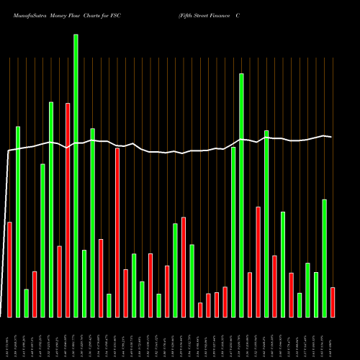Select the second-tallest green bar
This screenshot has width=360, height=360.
(241, 195)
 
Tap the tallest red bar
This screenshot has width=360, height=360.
(68, 210)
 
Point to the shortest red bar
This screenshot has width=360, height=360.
(200, 310)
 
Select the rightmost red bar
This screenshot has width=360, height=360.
(333, 302)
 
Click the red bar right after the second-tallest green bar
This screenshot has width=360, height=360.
(250, 294)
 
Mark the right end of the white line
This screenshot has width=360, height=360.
(331, 136)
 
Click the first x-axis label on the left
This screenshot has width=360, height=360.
(9, 337)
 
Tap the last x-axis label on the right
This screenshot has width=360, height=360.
(333, 337)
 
